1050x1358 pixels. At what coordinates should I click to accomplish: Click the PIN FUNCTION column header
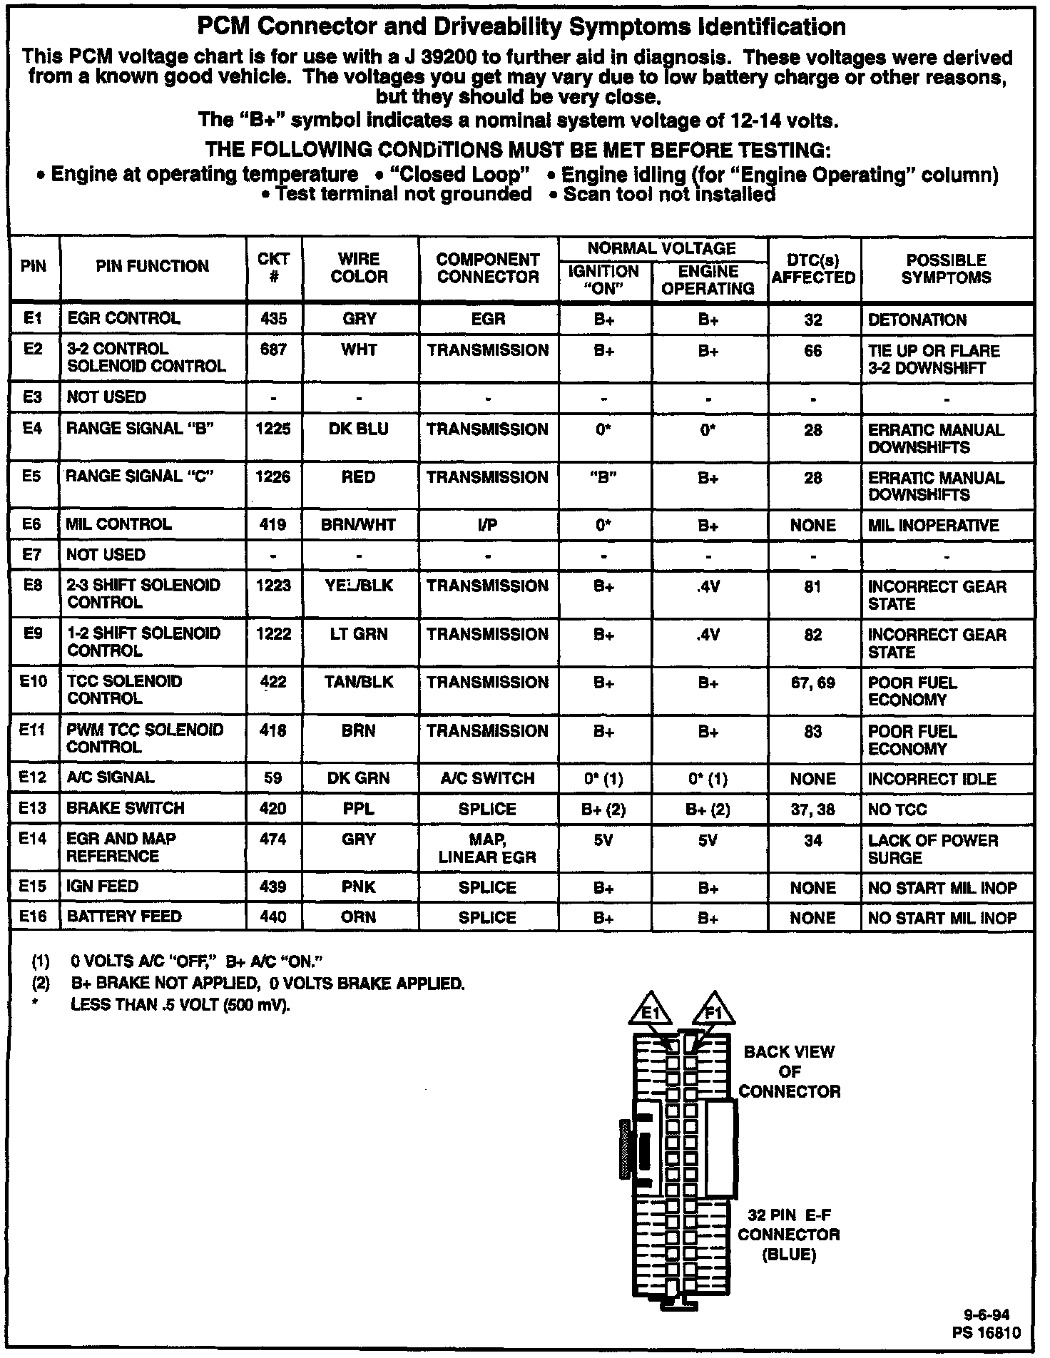click(x=153, y=267)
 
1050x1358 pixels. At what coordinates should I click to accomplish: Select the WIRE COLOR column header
click(x=359, y=268)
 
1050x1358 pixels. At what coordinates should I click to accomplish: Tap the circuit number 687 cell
click(x=274, y=350)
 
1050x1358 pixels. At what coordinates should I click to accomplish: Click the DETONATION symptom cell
click(x=917, y=320)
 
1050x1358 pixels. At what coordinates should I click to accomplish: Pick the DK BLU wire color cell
click(x=359, y=429)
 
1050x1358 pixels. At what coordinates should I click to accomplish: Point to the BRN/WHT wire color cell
click(x=359, y=525)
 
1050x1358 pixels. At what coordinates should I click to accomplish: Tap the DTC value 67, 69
click(x=813, y=683)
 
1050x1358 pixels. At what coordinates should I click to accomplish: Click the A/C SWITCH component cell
click(x=488, y=778)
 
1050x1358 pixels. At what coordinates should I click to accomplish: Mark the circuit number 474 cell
click(x=274, y=839)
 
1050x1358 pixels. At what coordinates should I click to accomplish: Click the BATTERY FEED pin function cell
click(x=124, y=917)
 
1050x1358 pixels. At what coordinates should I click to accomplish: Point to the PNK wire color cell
click(x=359, y=887)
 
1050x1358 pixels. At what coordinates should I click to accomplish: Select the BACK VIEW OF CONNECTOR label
click(x=789, y=1071)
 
